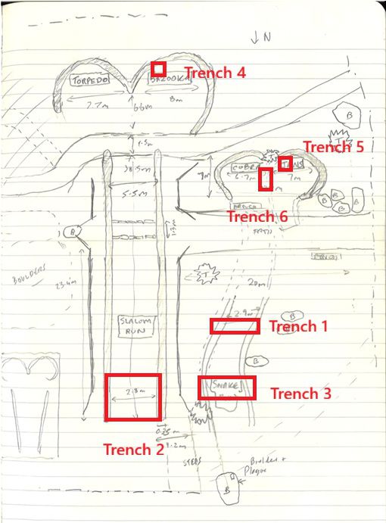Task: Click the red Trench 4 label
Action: click(215, 73)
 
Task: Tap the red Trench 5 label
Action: click(334, 147)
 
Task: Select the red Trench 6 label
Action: click(257, 216)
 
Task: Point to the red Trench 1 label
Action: click(298, 327)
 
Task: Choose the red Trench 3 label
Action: click(300, 394)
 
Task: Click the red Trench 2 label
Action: click(133, 450)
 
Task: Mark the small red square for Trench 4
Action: click(158, 68)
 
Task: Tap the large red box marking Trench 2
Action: click(133, 397)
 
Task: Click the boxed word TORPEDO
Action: click(90, 79)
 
